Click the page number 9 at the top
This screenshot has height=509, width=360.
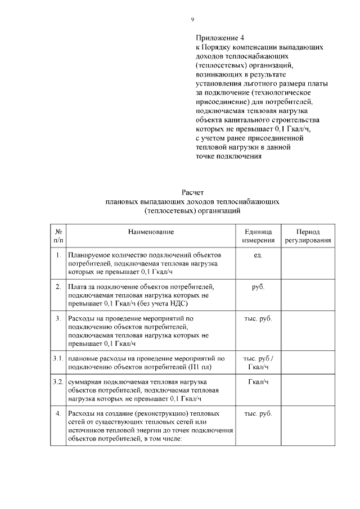click(x=192, y=20)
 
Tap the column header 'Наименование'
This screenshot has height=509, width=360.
click(x=151, y=232)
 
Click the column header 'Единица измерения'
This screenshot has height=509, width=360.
click(x=258, y=236)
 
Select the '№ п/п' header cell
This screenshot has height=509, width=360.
click(x=58, y=236)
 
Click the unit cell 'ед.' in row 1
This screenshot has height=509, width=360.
click(x=258, y=255)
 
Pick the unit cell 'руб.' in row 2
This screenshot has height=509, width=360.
click(x=258, y=287)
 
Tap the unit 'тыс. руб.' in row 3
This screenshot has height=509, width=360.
click(x=258, y=319)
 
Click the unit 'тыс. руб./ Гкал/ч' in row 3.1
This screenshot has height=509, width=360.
click(x=258, y=362)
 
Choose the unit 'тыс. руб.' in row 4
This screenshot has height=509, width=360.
click(x=258, y=413)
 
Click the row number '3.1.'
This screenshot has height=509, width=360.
click(x=58, y=358)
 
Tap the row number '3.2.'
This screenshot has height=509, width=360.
click(x=58, y=382)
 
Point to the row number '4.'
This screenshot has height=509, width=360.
click(x=58, y=413)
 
